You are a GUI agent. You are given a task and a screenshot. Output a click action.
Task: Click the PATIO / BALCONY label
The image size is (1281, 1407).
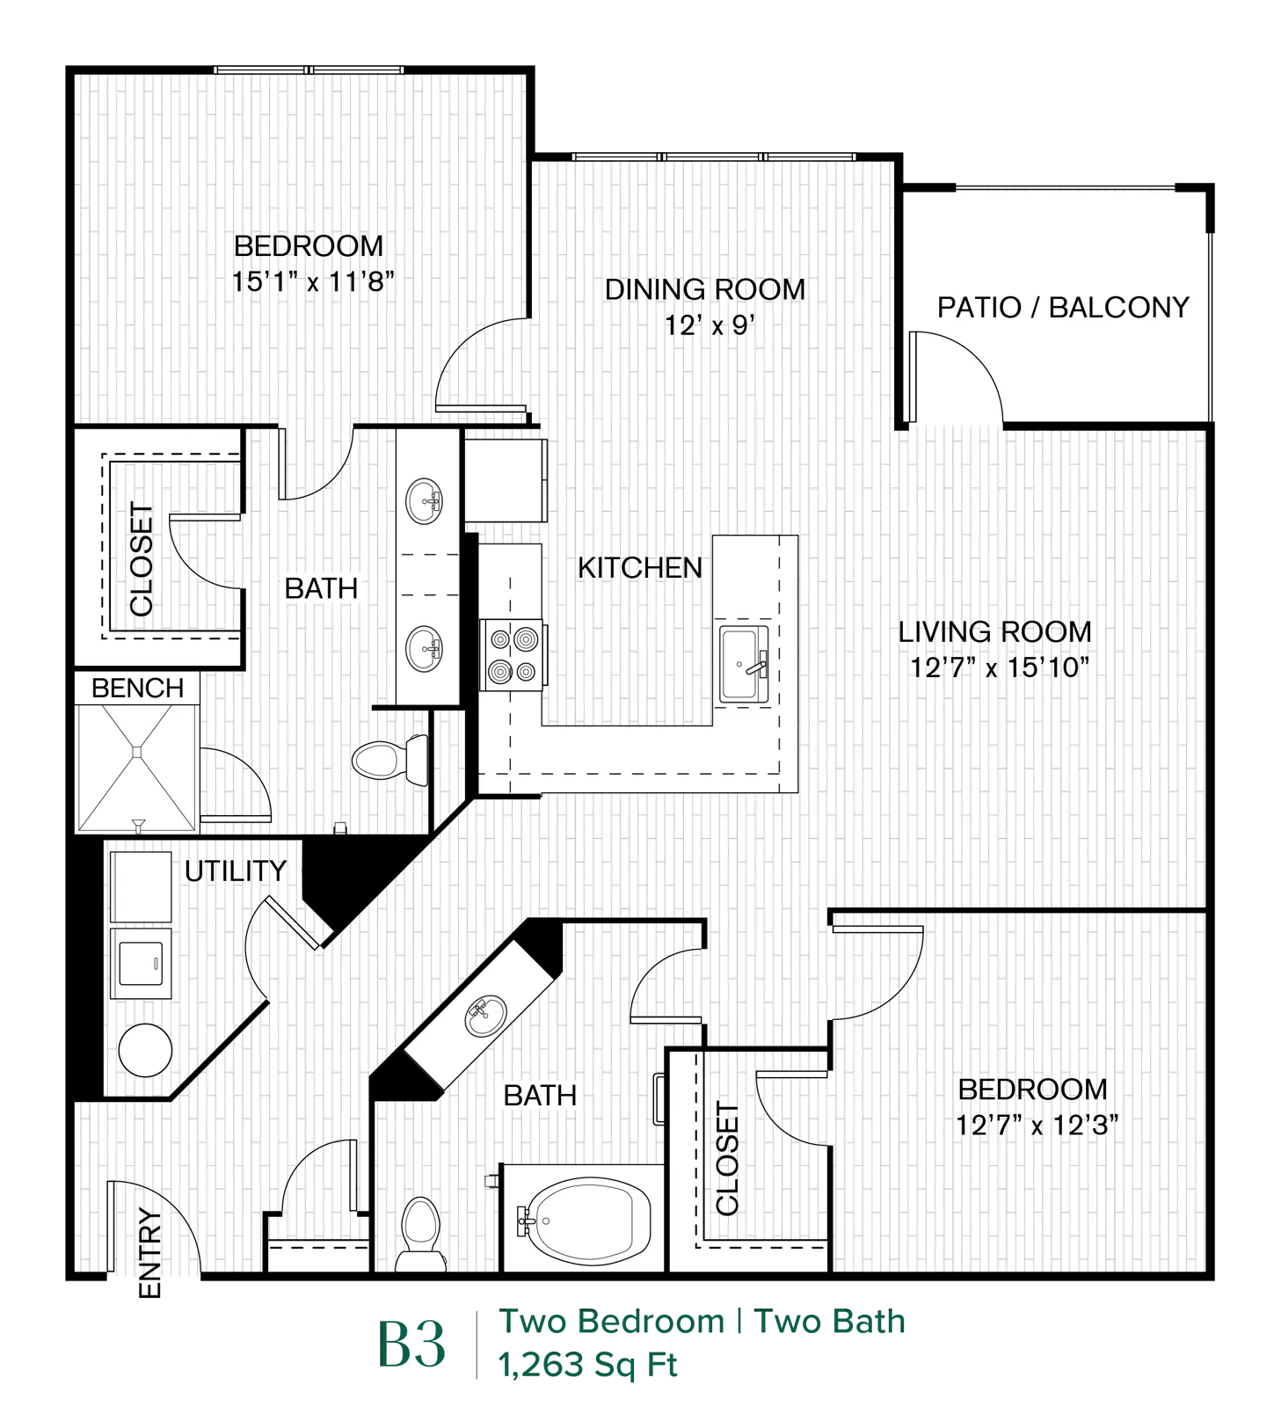(1062, 308)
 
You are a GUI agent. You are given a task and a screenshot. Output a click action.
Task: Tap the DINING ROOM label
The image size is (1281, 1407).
(704, 289)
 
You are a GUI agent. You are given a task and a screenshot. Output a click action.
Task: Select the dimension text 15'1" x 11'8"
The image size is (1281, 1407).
(313, 281)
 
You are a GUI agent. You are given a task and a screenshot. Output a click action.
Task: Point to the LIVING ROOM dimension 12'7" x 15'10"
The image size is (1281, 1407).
(999, 667)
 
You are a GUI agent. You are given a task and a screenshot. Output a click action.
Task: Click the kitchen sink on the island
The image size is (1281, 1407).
(744, 664)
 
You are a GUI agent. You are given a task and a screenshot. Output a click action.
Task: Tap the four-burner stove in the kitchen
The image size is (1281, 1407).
(513, 655)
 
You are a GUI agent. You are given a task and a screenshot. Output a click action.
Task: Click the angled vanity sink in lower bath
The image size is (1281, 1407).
(485, 1016)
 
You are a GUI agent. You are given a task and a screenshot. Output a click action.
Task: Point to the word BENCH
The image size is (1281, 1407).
(138, 688)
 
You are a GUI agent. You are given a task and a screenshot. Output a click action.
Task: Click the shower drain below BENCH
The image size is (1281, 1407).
(136, 753)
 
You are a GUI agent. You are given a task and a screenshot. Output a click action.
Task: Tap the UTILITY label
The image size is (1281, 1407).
(236, 871)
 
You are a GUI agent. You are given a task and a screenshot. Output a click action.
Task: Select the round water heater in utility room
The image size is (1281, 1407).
(145, 1050)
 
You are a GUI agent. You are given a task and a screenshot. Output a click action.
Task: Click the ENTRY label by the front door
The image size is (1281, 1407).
(150, 1253)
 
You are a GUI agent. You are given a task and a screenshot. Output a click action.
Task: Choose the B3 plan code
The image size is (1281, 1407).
(411, 1345)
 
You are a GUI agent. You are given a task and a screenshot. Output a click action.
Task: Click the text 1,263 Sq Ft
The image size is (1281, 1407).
(587, 1365)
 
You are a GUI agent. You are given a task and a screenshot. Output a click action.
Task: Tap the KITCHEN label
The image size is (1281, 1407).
(640, 568)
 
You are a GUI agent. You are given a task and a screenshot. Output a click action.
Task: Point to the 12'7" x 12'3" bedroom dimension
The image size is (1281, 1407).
(1037, 1125)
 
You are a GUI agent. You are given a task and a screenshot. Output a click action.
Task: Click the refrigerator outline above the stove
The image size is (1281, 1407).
(506, 480)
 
